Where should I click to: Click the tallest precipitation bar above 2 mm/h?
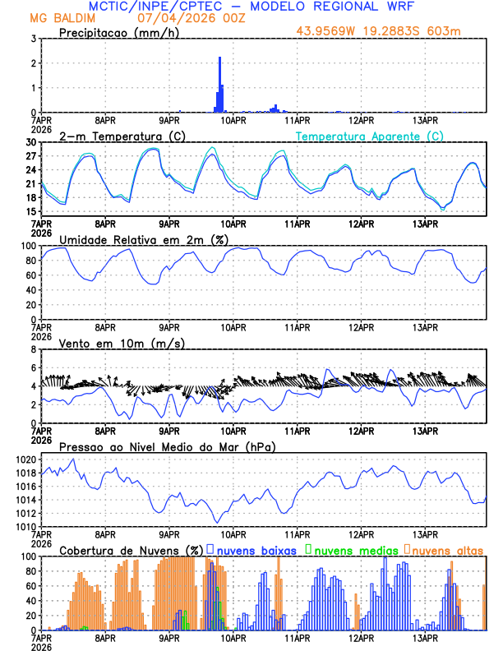coord(219,82)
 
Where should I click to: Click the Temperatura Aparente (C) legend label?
coord(370,136)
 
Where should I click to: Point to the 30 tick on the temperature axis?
coord(31,142)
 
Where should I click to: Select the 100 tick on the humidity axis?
coord(29,246)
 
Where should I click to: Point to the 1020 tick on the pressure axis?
coord(26,459)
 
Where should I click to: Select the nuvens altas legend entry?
coord(445,549)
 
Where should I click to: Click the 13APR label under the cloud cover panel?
coord(425,637)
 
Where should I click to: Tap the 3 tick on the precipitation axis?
coord(34,39)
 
